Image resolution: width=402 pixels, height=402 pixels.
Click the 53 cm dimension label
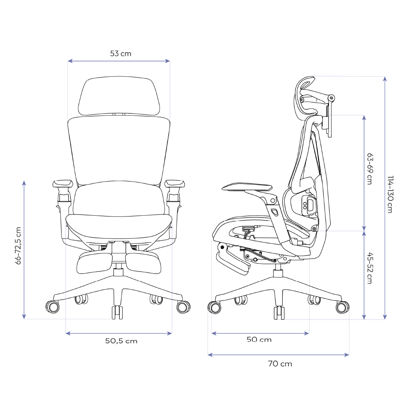coord(120,53)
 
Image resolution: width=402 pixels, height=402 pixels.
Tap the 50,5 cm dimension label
coord(121,341)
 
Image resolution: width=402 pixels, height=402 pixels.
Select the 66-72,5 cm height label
coord(18,246)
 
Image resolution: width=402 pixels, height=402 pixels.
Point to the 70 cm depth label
coord(280,364)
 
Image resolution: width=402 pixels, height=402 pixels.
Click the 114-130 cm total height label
coord(390,194)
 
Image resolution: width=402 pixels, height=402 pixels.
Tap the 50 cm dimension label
coord(259,340)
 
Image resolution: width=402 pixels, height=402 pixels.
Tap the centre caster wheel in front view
coord(117,312)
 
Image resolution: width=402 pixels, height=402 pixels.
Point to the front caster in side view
coord(214,307)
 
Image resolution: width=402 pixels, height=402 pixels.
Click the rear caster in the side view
coord(342,307)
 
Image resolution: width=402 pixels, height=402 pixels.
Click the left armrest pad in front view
coord(62,184)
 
